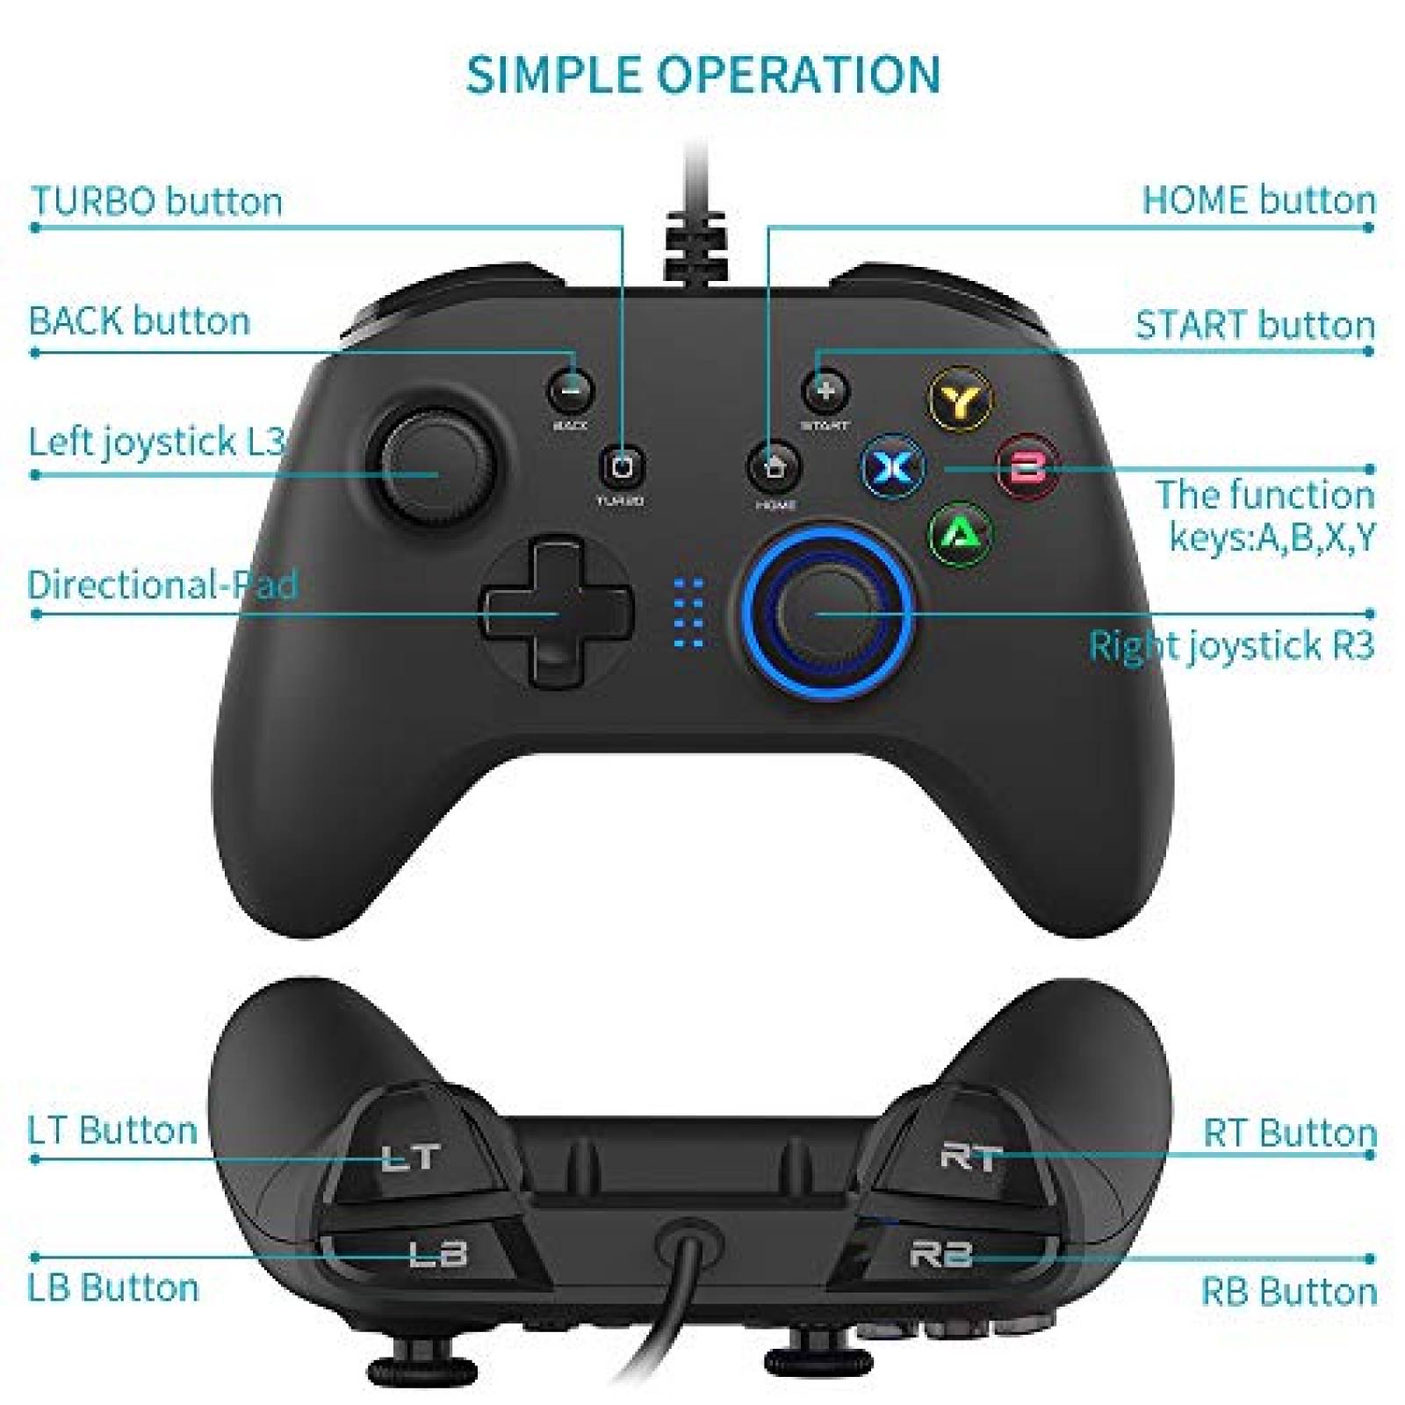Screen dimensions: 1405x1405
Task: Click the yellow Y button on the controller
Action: [x=960, y=400]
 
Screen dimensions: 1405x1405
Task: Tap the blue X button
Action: [x=891, y=467]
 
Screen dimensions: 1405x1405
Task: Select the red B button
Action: [x=1027, y=466]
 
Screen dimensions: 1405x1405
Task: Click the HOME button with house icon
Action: [x=773, y=466]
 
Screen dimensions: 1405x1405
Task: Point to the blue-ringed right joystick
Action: [x=825, y=612]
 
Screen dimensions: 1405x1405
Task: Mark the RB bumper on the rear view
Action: [x=948, y=1254]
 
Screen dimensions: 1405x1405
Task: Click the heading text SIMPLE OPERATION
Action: [x=702, y=75]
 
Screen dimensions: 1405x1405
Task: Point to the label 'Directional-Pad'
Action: [x=163, y=585]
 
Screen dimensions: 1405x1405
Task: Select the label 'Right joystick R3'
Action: [x=1231, y=645]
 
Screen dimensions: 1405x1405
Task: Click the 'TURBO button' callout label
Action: [x=156, y=201]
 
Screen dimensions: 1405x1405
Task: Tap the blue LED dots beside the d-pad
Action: [x=689, y=613]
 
